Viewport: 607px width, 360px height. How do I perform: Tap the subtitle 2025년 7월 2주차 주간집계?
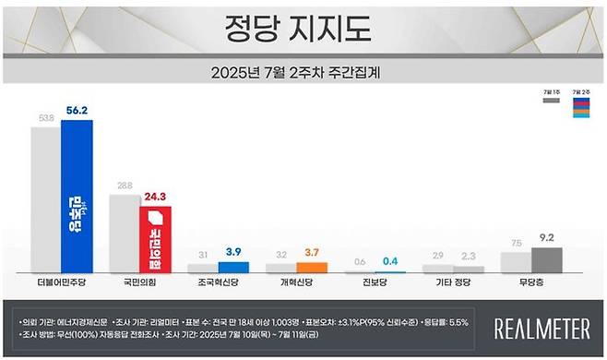pyautogui.click(x=303, y=71)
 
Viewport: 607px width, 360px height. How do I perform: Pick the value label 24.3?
pyautogui.click(x=155, y=196)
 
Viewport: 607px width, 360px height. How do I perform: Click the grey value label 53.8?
pyautogui.click(x=43, y=117)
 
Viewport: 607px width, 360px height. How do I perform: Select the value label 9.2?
pyautogui.click(x=546, y=237)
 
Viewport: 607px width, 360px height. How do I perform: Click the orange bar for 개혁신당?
pyautogui.click(x=311, y=268)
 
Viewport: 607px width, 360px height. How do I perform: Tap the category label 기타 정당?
pyautogui.click(x=450, y=282)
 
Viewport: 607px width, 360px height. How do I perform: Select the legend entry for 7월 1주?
pyautogui.click(x=552, y=97)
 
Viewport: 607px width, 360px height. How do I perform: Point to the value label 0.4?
pyautogui.click(x=389, y=259)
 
